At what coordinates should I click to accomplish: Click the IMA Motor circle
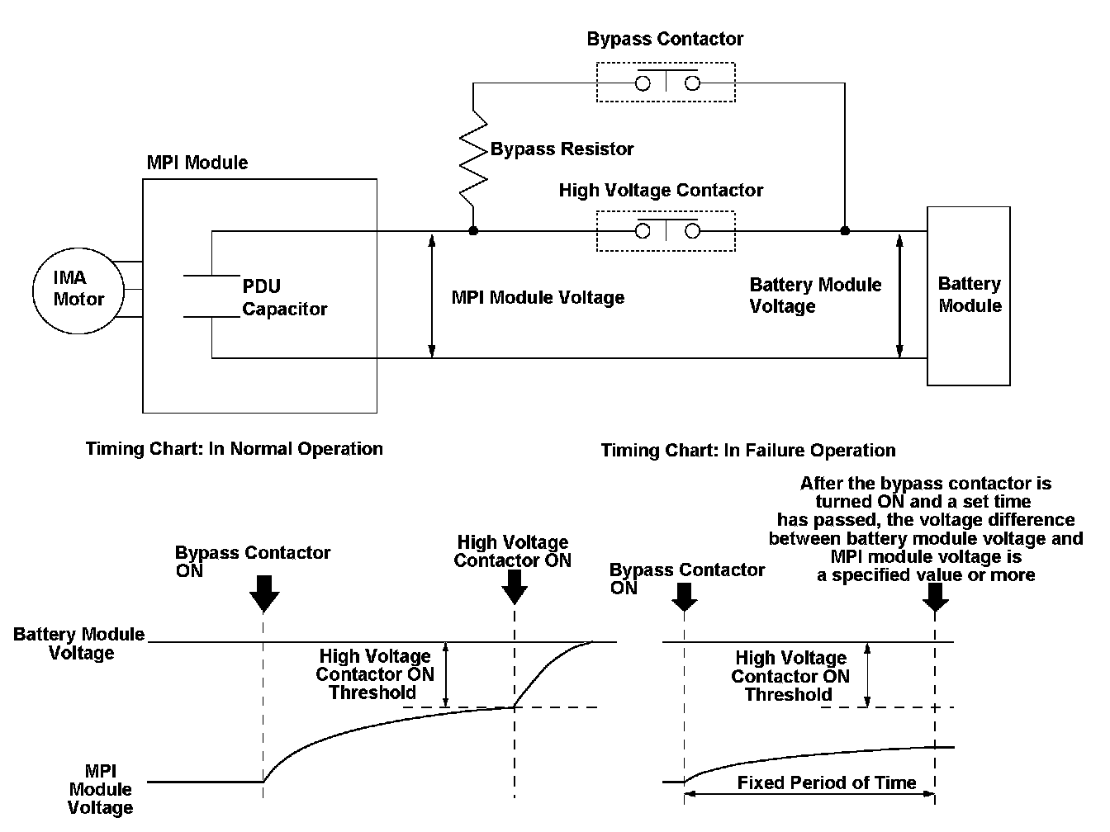point(78,290)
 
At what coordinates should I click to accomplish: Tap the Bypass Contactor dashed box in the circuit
point(665,83)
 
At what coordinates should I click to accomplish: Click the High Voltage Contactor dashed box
point(665,231)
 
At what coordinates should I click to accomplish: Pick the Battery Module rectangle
point(969,295)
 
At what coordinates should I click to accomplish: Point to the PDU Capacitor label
point(284,298)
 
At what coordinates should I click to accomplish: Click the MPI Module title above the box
point(197,163)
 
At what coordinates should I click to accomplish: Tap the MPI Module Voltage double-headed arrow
point(431,295)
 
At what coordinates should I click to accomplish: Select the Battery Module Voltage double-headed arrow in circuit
point(900,295)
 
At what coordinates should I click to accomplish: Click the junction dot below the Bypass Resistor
point(473,231)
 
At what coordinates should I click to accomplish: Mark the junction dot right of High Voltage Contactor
point(844,231)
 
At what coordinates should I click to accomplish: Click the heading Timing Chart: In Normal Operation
point(235,449)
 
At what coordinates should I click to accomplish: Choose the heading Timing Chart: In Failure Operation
point(748,451)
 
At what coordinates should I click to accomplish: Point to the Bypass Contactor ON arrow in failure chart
point(685,595)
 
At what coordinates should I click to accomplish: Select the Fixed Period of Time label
point(827,783)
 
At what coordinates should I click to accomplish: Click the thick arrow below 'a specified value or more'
point(935,597)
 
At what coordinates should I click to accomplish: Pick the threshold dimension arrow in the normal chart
point(446,674)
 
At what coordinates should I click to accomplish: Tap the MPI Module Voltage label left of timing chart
point(101,790)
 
